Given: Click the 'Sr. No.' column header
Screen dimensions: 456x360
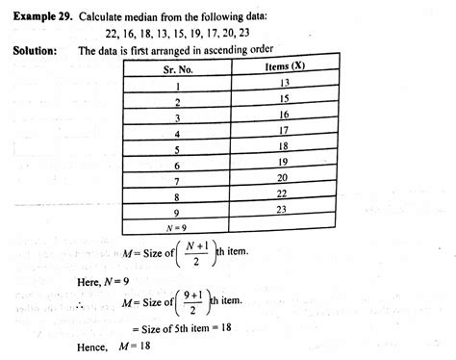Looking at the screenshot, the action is coord(177,70).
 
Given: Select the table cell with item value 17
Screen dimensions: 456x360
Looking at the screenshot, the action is coord(283,131).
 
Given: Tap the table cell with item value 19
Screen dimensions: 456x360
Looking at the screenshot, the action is coord(283,163).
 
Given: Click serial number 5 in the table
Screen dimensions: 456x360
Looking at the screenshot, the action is coord(177,149).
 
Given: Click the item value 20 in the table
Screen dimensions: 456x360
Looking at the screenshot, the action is coord(283,178).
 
